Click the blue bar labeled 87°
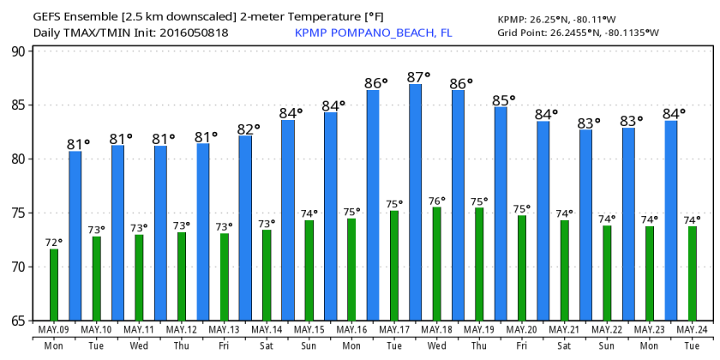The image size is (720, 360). (415, 201)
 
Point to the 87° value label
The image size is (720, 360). (419, 75)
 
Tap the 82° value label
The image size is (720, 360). (249, 129)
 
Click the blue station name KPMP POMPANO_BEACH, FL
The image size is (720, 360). (373, 33)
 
